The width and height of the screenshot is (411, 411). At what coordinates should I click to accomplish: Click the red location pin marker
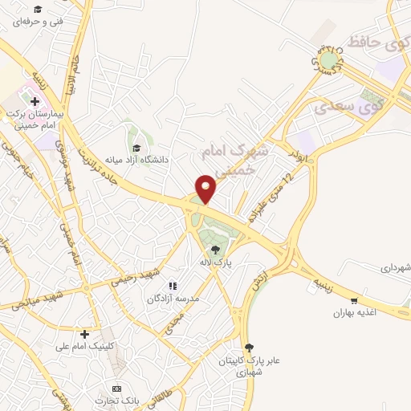coord(207,188)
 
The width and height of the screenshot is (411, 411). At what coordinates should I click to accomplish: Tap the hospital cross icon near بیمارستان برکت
coord(35,101)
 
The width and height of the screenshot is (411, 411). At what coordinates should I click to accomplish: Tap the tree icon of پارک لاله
coord(214,249)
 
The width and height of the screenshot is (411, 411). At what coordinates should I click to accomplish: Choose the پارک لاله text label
coord(214,262)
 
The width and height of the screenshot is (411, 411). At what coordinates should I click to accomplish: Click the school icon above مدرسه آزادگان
coord(171,286)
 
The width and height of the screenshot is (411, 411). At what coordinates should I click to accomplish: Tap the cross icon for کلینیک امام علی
coord(84,333)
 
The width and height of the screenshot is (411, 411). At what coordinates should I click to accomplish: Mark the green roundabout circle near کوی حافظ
coord(329,59)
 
